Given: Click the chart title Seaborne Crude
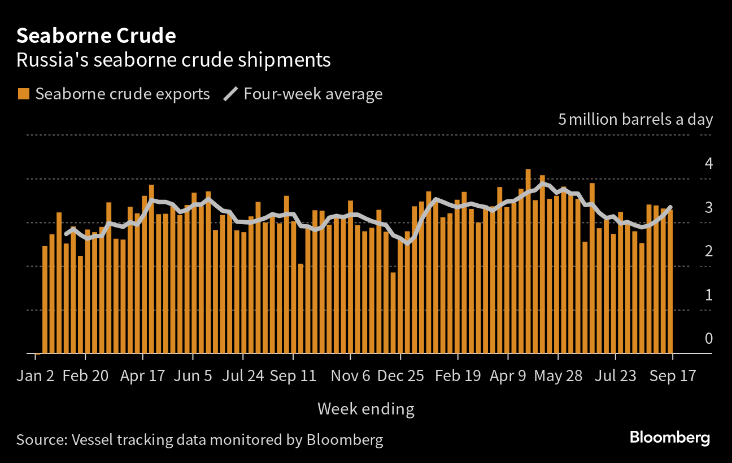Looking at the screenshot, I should pos(96,36).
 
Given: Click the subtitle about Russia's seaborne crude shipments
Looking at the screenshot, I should pos(173,60).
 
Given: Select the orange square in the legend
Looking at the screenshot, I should pos(23,94).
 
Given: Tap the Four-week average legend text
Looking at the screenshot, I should pos(313,94).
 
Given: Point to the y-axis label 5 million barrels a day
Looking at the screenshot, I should pos(635,120).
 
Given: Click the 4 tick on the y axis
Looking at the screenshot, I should pos(708,164).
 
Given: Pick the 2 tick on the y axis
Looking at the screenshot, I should pos(708,251).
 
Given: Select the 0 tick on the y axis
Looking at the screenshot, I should pos(708,339).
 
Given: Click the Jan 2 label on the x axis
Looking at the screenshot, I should pos(36,376).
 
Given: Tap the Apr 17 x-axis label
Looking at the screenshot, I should pos(142,376).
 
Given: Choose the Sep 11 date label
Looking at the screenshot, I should pos(293,376).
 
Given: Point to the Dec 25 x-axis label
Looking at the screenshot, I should pos(400,376).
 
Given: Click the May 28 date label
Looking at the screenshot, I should pos(557,376).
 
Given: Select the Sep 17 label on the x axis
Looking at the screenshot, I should pos(672,376).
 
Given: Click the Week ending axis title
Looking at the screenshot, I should pos(365,409).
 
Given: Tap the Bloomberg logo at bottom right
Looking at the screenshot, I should pos(669,438).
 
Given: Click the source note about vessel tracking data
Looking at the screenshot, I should pos(199,440).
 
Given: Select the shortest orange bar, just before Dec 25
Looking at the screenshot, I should pos(393,313).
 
